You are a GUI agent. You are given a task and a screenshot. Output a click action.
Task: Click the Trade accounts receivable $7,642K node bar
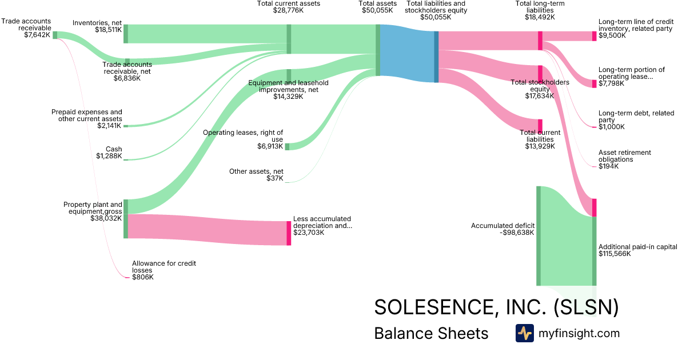pyautogui.click(x=55, y=35)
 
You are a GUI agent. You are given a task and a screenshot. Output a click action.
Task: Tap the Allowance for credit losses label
pyautogui.click(x=163, y=270)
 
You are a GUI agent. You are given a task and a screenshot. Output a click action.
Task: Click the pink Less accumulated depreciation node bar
pyautogui.click(x=289, y=233)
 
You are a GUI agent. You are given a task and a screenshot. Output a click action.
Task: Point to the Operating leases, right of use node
pyautogui.click(x=287, y=147)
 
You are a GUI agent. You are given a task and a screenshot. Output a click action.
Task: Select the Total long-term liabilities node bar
pyautogui.click(x=540, y=40)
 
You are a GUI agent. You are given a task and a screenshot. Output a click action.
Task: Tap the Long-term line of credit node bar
pyautogui.click(x=594, y=36)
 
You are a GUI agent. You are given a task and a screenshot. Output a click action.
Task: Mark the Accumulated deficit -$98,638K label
pyautogui.click(x=502, y=229)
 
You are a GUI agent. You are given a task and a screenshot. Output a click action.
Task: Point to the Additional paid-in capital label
pyautogui.click(x=637, y=250)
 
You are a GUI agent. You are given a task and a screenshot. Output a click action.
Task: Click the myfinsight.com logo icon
pyautogui.click(x=524, y=333)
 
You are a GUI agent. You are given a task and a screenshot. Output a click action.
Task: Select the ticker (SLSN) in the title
pyautogui.click(x=586, y=307)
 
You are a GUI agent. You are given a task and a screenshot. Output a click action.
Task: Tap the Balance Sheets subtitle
pyautogui.click(x=431, y=334)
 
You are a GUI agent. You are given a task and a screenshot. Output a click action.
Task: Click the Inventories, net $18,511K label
pyautogui.click(x=97, y=26)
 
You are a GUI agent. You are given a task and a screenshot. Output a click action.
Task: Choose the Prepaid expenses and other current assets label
pyautogui.click(x=87, y=118)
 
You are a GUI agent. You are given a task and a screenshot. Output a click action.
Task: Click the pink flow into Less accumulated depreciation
pyautogui.click(x=206, y=229)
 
